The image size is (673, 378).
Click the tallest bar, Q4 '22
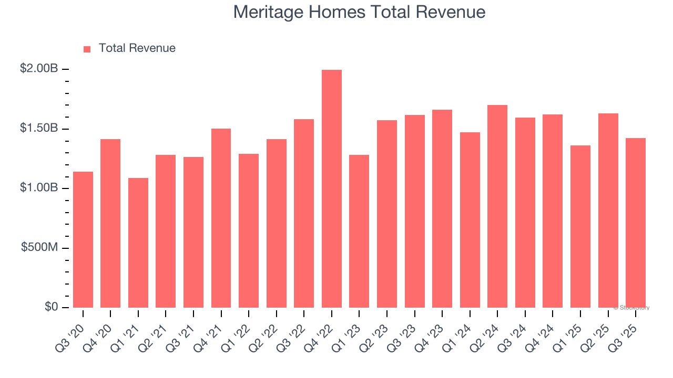332,189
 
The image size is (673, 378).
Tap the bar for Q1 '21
138,243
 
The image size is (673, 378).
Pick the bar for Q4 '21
221,218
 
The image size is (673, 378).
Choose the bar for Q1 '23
359,232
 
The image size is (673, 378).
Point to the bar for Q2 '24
497,206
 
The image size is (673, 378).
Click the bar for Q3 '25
636,223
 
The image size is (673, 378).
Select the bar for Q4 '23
442,209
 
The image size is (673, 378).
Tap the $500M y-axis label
39,247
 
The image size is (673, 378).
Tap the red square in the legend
87,49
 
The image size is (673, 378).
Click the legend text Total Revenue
137,48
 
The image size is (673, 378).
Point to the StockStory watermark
631,308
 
